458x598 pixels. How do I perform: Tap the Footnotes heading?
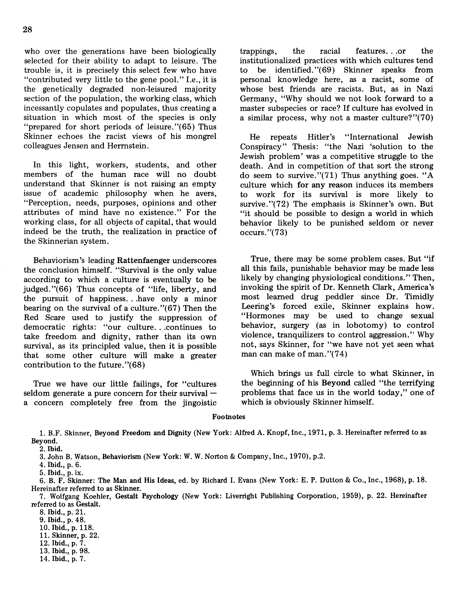(229, 417)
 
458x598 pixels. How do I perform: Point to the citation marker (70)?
(425, 118)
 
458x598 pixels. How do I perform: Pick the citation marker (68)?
(136, 365)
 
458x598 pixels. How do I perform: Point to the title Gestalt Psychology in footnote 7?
(147, 496)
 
